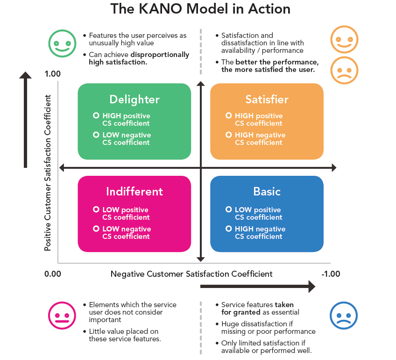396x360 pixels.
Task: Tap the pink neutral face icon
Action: click(62, 316)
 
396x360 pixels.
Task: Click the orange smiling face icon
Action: click(344, 39)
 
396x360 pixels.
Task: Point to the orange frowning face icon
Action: click(344, 71)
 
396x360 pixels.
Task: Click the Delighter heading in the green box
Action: click(134, 100)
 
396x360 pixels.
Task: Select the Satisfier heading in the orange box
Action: click(267, 100)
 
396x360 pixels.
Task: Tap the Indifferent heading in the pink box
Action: click(134, 192)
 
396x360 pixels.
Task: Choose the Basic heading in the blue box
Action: click(267, 192)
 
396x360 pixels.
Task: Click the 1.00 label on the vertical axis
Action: click(53, 74)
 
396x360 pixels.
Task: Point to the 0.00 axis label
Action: click(53, 274)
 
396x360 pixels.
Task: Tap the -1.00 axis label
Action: click(331, 274)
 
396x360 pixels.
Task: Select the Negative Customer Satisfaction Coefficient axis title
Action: click(191, 274)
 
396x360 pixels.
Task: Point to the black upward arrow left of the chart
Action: click(26, 120)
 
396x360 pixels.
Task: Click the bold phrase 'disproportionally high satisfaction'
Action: click(139, 58)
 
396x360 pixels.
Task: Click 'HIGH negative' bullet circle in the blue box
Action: click(228, 229)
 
